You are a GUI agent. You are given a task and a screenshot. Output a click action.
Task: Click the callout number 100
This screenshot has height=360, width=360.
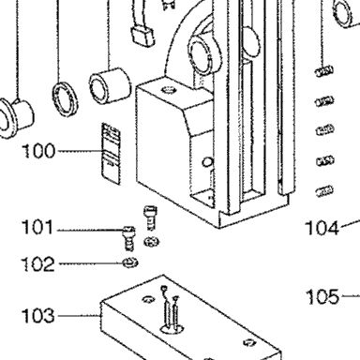[x=38, y=151]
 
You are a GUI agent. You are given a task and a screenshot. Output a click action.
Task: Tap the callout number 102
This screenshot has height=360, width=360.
[x=37, y=264]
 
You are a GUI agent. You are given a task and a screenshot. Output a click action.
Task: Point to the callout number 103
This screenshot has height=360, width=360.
[x=38, y=316]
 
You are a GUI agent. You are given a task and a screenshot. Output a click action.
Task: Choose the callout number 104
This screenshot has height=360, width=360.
[x=322, y=228]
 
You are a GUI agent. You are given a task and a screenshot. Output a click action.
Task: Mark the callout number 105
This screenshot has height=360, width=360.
[x=322, y=297]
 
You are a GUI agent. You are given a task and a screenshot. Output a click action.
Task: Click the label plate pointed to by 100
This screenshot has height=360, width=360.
[x=111, y=153]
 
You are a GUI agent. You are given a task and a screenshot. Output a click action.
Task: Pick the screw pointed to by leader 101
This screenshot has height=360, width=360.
[x=129, y=238]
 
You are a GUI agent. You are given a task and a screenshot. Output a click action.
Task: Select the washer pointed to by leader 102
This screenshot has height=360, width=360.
[x=130, y=262]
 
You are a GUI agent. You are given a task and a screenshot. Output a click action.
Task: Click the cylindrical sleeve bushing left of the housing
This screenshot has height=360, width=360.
[x=110, y=85]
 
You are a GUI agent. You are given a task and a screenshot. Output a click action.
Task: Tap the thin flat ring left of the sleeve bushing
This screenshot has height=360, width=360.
[x=65, y=99]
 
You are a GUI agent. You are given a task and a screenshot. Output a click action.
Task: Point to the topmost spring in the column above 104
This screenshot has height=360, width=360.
[x=324, y=71]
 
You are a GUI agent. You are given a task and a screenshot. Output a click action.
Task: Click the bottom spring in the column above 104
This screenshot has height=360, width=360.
[x=324, y=191]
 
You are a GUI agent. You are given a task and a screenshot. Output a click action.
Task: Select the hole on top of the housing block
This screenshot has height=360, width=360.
[x=169, y=90]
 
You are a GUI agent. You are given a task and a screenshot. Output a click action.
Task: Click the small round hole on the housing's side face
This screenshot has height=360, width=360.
[x=208, y=162]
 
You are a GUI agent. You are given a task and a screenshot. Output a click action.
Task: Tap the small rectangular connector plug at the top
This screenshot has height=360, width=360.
[x=142, y=36]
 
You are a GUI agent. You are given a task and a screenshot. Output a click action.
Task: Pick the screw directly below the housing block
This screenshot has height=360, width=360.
[x=151, y=217]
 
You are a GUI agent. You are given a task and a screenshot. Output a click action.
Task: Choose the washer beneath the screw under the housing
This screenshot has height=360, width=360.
[x=152, y=241]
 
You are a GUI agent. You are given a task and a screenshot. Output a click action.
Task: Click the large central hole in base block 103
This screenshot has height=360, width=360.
[x=172, y=329]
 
